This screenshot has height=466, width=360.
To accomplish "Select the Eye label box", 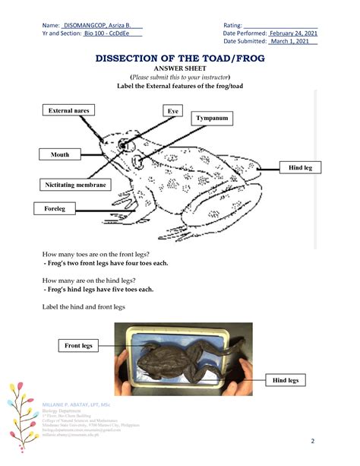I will (x=174, y=111).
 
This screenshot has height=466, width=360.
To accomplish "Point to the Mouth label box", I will (x=60, y=155).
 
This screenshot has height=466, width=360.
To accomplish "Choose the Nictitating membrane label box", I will (x=75, y=185).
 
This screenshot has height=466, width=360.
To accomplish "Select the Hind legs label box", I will (x=286, y=379).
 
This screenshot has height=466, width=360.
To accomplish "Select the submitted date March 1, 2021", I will (x=292, y=43).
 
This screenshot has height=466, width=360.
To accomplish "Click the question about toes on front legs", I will (x=96, y=253).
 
